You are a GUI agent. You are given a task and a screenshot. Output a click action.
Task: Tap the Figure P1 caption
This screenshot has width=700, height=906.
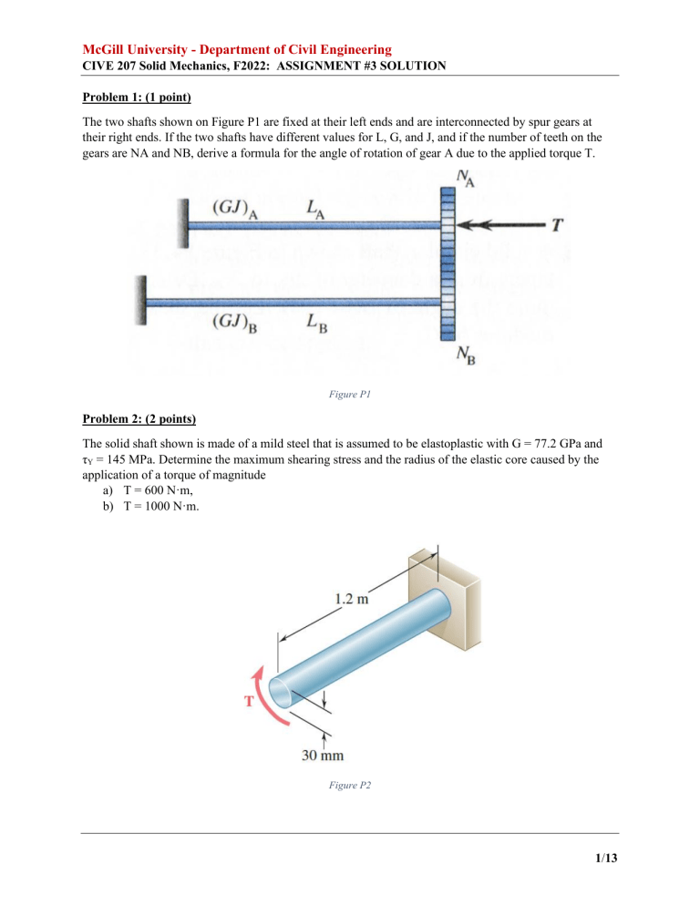[x=350, y=397]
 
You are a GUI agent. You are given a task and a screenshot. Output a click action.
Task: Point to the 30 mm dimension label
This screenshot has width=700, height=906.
[x=324, y=754]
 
